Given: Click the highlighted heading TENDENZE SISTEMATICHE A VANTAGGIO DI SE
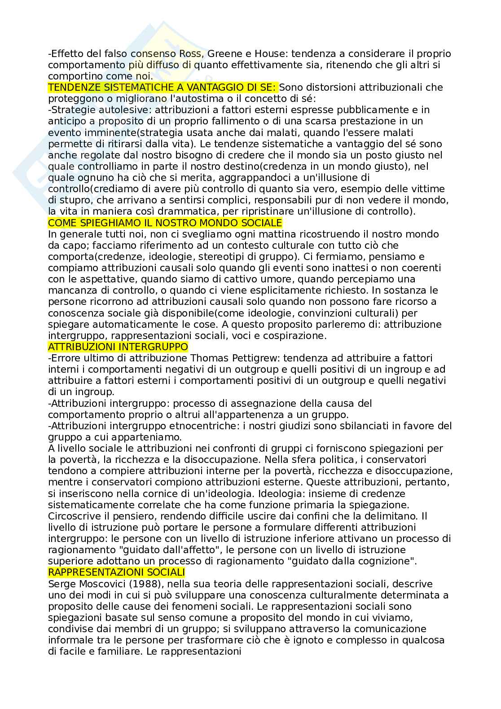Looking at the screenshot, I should (x=163, y=87).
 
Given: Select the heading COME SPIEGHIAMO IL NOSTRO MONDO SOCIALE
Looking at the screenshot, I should (x=165, y=223).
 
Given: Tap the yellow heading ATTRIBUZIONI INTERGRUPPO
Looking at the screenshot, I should (x=118, y=347).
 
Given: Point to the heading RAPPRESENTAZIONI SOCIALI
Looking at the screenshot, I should (x=116, y=572).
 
